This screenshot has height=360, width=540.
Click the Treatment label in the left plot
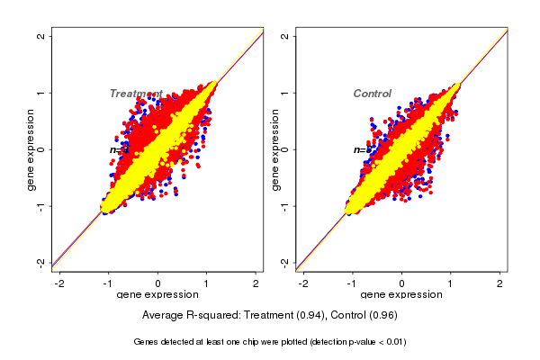[136, 94]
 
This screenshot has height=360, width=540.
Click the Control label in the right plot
[372, 94]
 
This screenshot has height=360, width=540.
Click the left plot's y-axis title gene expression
[30, 149]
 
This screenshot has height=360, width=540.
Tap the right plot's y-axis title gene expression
[274, 149]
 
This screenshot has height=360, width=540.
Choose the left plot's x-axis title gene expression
[158, 295]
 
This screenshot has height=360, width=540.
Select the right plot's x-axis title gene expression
[401, 295]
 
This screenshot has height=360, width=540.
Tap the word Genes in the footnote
[146, 342]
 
